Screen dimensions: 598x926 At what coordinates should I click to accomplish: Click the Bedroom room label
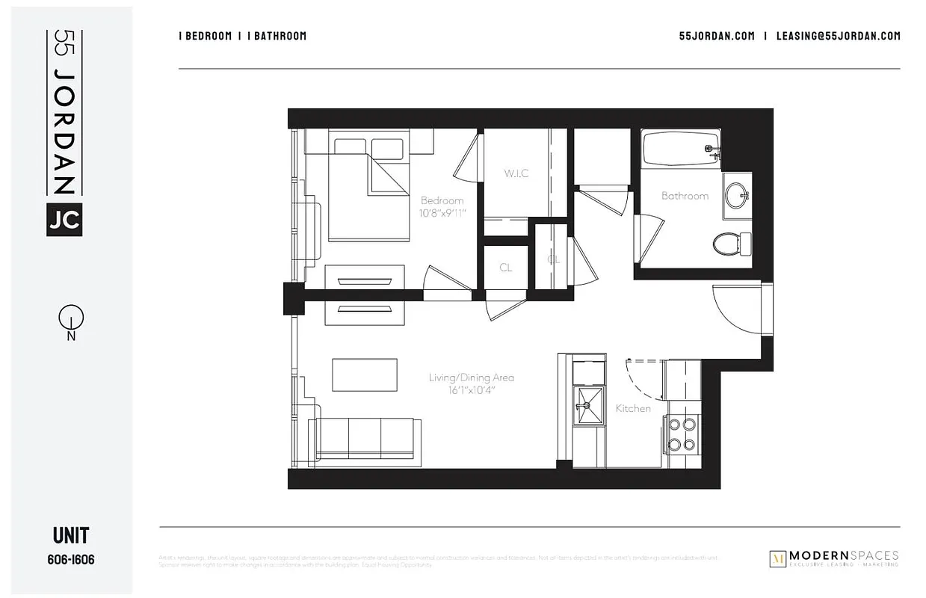442,200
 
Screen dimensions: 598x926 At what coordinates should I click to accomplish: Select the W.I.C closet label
516,173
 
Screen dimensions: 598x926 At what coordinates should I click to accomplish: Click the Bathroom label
685,196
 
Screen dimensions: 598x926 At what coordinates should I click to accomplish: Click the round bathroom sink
735,195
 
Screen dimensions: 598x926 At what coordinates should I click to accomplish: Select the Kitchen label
633,408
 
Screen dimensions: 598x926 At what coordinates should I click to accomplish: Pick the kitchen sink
587,405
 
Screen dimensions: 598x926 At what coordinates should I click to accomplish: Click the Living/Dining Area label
471,377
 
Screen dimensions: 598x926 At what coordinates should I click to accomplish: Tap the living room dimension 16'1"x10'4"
471,390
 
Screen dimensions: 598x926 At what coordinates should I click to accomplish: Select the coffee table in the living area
365,374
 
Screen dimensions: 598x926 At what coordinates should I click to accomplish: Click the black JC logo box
64,219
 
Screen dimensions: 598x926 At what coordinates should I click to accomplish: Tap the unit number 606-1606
71,560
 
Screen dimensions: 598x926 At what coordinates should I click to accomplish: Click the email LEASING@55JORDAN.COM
838,36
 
